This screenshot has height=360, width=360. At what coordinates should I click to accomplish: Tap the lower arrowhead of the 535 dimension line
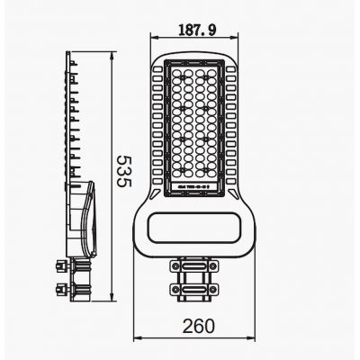tap(110, 299)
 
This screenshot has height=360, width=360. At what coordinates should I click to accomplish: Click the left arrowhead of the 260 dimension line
tap(136, 337)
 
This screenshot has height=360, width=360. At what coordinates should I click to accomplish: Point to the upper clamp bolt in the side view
tap(63, 266)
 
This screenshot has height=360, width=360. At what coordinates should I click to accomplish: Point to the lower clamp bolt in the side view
tap(63, 289)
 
